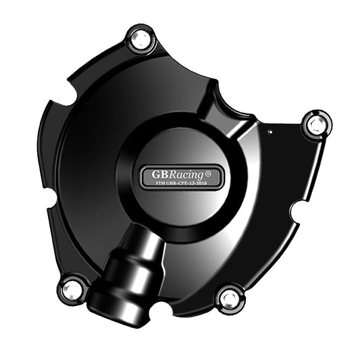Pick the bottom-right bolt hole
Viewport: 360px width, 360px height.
pyautogui.click(x=230, y=297)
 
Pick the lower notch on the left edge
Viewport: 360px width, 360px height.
pyautogui.click(x=51, y=199)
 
